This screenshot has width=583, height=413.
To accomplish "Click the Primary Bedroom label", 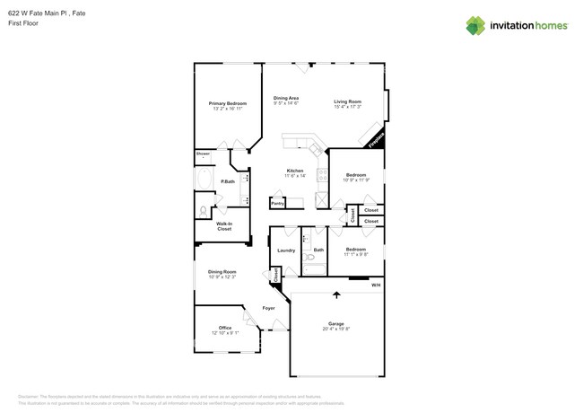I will [228, 103].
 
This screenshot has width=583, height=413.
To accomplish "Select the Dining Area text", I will [286, 98].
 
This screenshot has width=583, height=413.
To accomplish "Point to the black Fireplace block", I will [372, 137].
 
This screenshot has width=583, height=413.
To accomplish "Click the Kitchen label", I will [295, 171].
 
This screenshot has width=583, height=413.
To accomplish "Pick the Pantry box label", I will [277, 203].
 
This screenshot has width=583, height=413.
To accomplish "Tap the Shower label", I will [203, 154].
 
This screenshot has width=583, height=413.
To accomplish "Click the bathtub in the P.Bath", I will [204, 182].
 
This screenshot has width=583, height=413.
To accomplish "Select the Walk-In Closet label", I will [224, 226].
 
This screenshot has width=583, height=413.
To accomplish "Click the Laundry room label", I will [286, 250].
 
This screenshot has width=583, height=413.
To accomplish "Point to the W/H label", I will [376, 286].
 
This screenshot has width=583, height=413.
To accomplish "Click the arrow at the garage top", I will [337, 294].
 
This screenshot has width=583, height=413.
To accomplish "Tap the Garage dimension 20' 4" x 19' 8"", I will [336, 329].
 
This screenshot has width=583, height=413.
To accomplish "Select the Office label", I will [225, 328].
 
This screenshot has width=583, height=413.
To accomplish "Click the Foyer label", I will [268, 308].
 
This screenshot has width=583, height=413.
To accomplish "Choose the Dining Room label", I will [222, 271].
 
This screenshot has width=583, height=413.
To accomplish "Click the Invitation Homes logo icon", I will [475, 25].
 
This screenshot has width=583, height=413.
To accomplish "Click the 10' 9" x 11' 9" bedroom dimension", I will [356, 180].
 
